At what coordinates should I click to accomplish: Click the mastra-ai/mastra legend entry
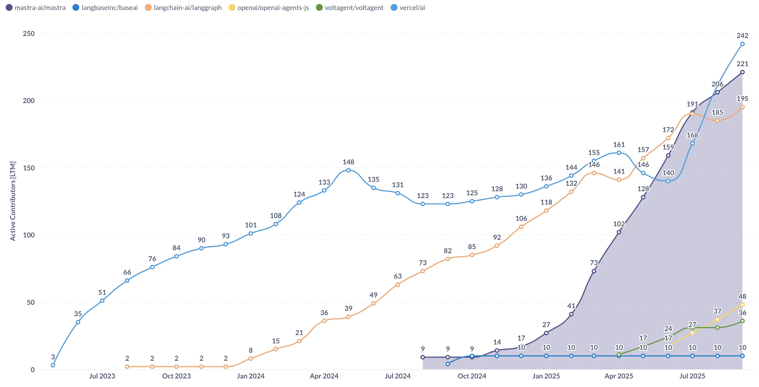coord(36,8)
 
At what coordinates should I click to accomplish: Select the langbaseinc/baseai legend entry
coord(105,8)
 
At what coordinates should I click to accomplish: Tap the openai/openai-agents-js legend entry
coord(269,8)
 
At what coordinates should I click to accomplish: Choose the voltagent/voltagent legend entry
coord(350,8)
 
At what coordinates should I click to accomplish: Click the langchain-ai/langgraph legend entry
coord(183,8)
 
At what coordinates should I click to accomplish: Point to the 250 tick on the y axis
coord(29,33)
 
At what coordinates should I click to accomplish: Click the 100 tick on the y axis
coord(29,235)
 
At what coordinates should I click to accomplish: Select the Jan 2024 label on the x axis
coord(250,376)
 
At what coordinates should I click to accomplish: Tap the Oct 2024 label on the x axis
coord(472,376)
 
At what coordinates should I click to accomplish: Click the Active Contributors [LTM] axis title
coord(13,201)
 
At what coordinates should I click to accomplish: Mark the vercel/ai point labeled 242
coord(742,44)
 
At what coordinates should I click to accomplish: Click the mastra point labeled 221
coord(742,72)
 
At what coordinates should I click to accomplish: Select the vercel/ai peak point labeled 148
coord(348,170)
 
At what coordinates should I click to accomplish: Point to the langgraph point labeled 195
coord(742,107)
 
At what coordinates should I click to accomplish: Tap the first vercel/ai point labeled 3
coord(53,365)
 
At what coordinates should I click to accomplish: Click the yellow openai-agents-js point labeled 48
coord(742,305)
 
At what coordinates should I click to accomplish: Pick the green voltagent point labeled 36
coord(742,321)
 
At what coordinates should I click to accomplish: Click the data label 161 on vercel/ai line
coord(619,144)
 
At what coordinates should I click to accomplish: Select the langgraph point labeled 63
coord(397,285)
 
